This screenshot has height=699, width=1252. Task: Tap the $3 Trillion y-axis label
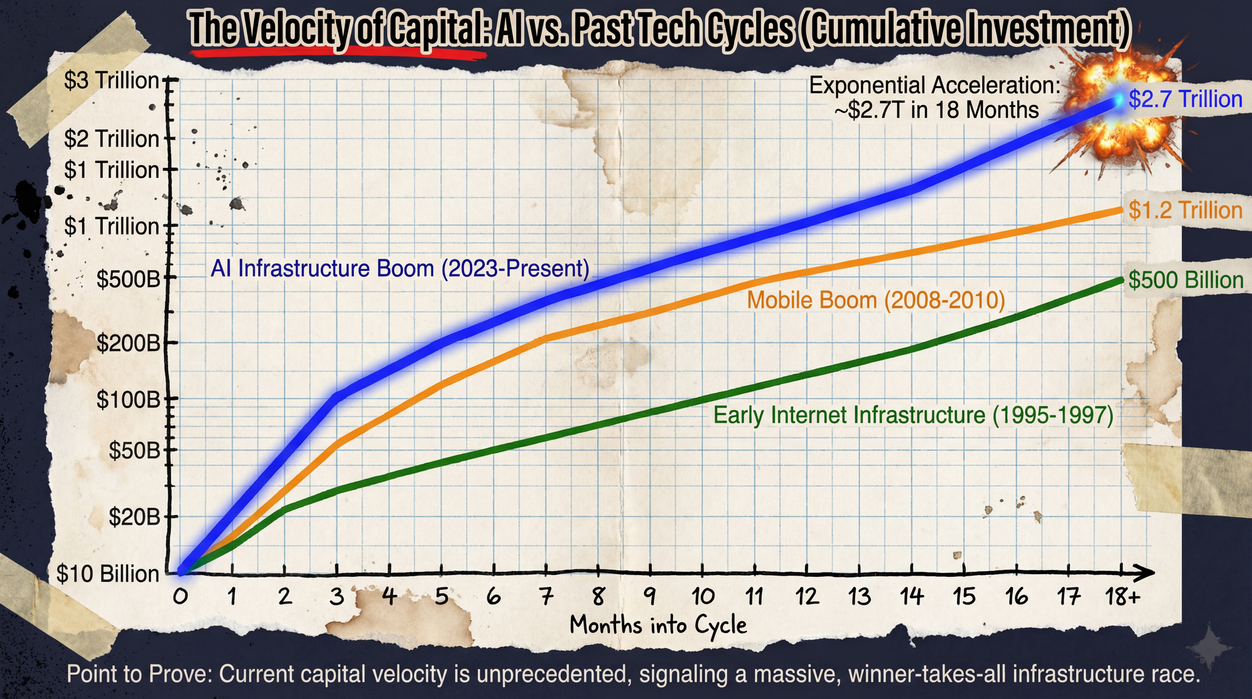(x=111, y=81)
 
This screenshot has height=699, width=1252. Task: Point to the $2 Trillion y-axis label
(x=111, y=139)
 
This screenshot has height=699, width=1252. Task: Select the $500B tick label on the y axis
(x=128, y=279)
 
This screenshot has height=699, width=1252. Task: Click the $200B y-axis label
(x=128, y=343)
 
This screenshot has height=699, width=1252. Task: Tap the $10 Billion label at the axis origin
(x=108, y=574)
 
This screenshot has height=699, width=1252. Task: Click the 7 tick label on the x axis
(x=546, y=596)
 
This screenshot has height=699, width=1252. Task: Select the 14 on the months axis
(x=911, y=596)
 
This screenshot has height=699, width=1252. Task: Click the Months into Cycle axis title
(x=659, y=625)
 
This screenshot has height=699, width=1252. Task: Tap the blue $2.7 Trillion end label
(x=1185, y=99)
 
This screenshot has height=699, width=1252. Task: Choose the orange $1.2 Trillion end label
(x=1185, y=210)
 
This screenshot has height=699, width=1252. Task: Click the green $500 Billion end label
(x=1186, y=280)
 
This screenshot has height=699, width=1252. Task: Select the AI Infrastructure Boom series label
(x=400, y=269)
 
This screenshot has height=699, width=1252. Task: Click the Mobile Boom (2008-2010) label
(x=876, y=300)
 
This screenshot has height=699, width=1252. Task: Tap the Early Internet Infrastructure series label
(x=913, y=415)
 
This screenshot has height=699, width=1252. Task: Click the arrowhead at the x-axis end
(x=1147, y=573)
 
